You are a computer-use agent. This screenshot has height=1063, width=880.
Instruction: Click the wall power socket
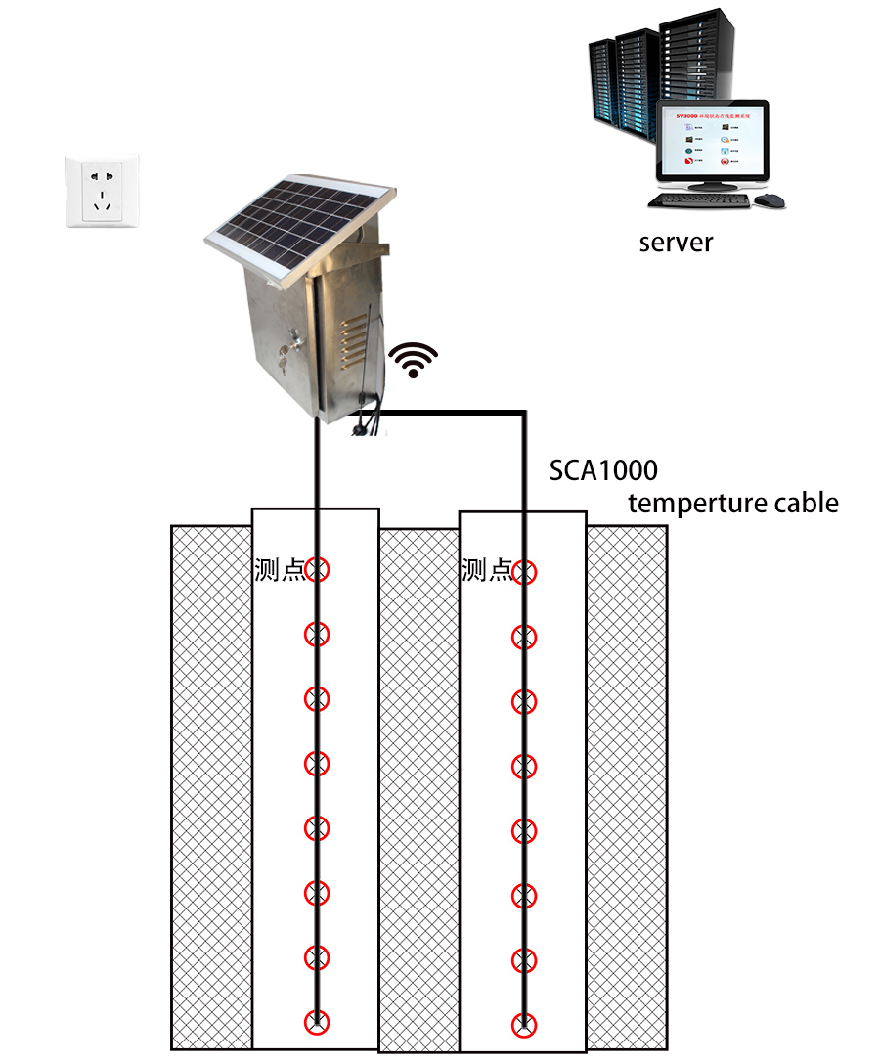(x=102, y=191)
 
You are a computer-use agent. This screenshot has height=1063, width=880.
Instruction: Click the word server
(x=676, y=243)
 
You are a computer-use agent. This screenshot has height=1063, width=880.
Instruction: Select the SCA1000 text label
(x=602, y=470)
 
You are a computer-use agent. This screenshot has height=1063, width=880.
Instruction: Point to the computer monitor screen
(x=713, y=145)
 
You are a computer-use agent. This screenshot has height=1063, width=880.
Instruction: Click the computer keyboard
(x=699, y=200)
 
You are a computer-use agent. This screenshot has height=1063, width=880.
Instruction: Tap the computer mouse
(x=770, y=200)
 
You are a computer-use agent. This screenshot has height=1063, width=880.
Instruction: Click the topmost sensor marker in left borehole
(x=317, y=568)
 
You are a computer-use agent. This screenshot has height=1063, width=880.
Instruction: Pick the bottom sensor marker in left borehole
(x=317, y=1022)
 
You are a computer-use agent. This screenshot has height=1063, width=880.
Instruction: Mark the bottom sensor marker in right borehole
(x=525, y=1025)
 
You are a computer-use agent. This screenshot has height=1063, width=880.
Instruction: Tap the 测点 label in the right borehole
(x=486, y=570)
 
